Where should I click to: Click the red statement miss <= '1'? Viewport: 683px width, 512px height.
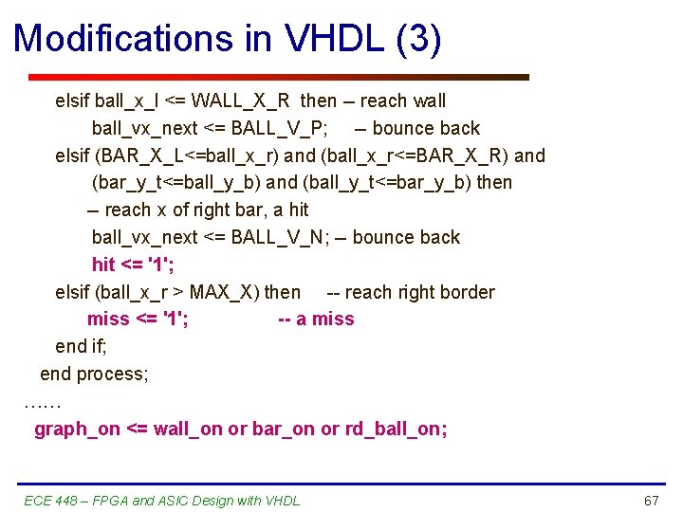coord(138,320)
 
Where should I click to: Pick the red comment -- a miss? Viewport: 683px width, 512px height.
coord(316,320)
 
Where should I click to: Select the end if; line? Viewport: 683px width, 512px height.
coord(84,347)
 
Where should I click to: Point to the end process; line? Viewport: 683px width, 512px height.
coord(94,374)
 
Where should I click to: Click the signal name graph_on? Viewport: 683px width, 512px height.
coord(77,430)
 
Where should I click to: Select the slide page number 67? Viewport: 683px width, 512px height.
coord(651,501)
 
